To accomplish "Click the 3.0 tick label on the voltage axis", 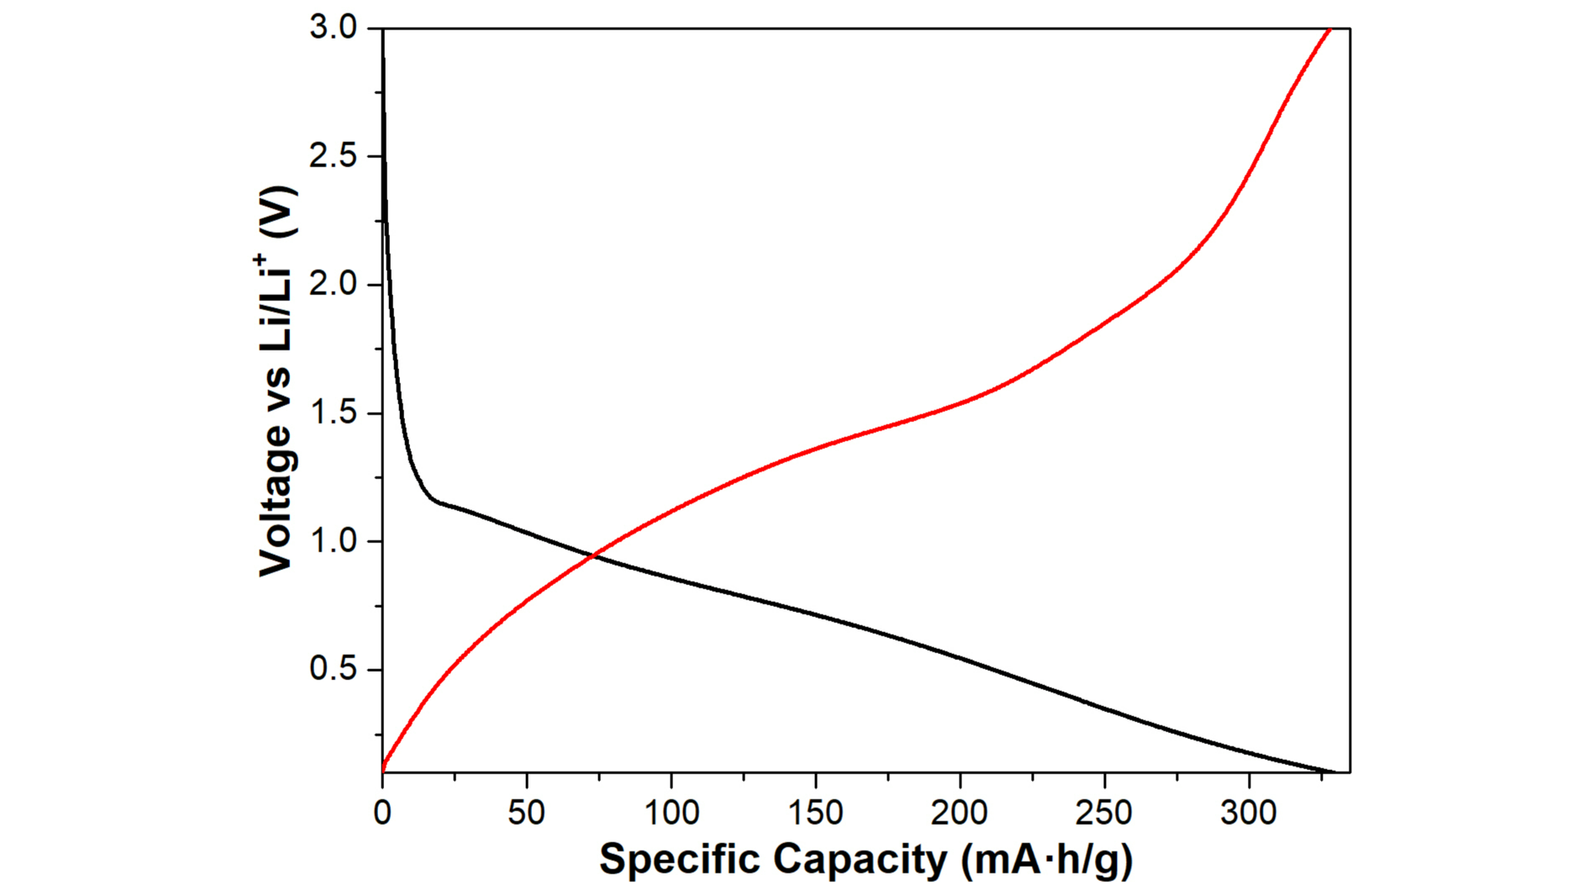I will click(333, 29).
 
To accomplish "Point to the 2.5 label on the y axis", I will click(333, 157).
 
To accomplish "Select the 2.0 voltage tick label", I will click(333, 286).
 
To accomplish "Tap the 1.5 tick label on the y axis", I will click(333, 414).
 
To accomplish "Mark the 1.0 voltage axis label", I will click(333, 542).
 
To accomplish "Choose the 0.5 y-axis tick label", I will click(333, 670).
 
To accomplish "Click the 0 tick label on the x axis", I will click(382, 813).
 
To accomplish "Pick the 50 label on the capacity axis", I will click(527, 813).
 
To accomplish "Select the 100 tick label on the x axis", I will click(671, 813).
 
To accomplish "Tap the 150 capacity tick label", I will click(815, 813).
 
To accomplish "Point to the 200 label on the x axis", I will click(960, 813).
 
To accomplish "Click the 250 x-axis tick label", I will click(1104, 813).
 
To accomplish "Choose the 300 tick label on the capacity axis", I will click(1249, 813).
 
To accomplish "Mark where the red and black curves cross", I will click(594, 555).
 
